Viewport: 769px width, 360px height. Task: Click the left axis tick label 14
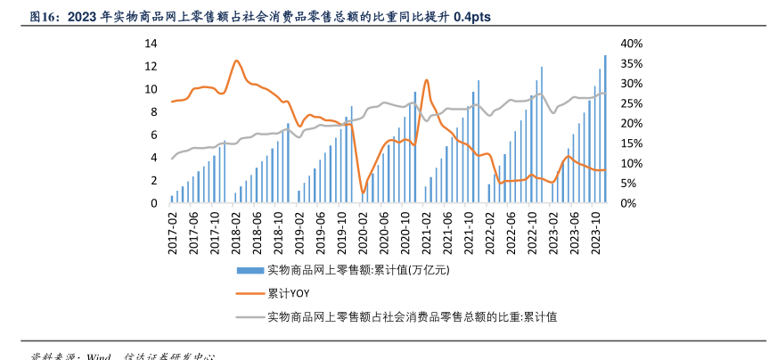[151, 44]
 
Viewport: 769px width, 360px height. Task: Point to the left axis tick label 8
[153, 111]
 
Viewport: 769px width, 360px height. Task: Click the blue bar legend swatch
[250, 269]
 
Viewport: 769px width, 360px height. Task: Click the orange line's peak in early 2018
[236, 61]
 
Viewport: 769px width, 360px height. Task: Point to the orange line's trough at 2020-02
[363, 191]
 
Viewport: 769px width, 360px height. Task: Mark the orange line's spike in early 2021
[427, 80]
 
